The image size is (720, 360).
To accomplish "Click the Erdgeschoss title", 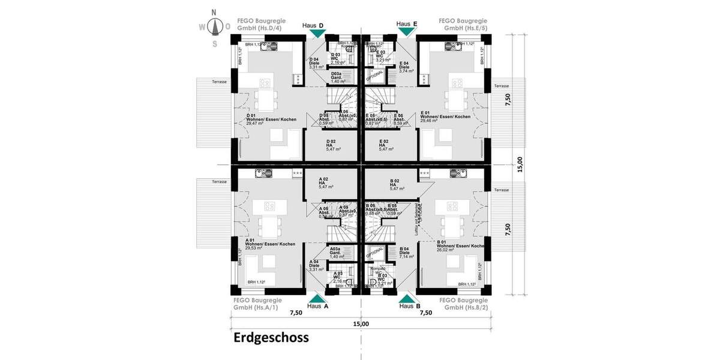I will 271,338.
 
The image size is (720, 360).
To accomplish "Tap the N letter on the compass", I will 215,13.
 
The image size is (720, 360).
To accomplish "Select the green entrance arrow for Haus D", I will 317,34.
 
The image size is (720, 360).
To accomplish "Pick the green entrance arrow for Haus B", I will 407,298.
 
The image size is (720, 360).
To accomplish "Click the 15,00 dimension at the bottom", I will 361,324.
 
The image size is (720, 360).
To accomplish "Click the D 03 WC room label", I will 338,58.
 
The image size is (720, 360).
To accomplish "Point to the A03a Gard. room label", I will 335,253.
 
